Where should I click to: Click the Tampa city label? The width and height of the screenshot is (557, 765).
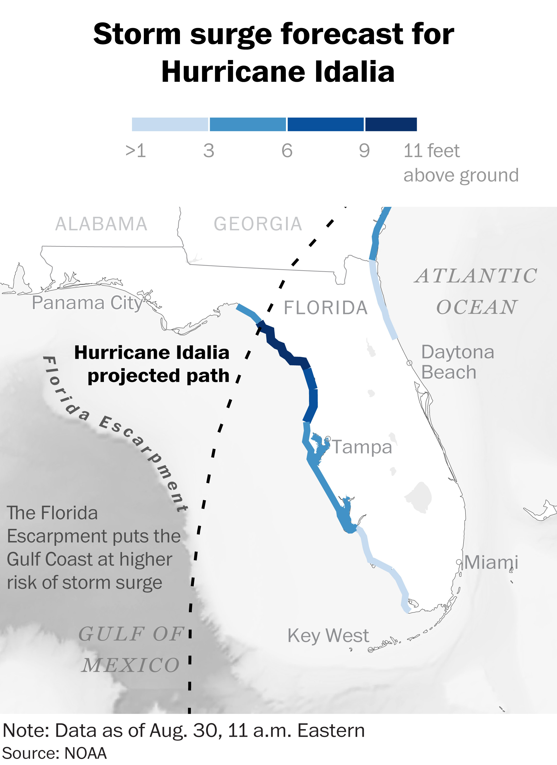click(x=362, y=447)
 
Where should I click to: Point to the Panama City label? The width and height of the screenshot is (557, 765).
click(x=87, y=303)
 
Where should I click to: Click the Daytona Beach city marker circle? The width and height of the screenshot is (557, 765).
click(x=409, y=363)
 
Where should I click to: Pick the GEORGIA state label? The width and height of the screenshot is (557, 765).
click(x=258, y=224)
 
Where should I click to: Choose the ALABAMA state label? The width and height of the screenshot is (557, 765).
click(x=101, y=224)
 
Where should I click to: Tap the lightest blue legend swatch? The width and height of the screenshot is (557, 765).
click(x=170, y=124)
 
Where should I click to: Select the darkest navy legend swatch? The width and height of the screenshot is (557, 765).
click(x=391, y=124)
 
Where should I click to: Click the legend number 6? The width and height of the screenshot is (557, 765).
click(x=287, y=150)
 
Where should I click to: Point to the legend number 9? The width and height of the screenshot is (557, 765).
click(x=364, y=150)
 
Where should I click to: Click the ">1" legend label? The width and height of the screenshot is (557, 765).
click(x=136, y=150)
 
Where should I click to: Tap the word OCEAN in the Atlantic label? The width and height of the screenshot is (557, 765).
click(x=476, y=307)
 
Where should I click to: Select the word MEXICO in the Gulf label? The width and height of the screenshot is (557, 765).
click(x=131, y=666)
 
